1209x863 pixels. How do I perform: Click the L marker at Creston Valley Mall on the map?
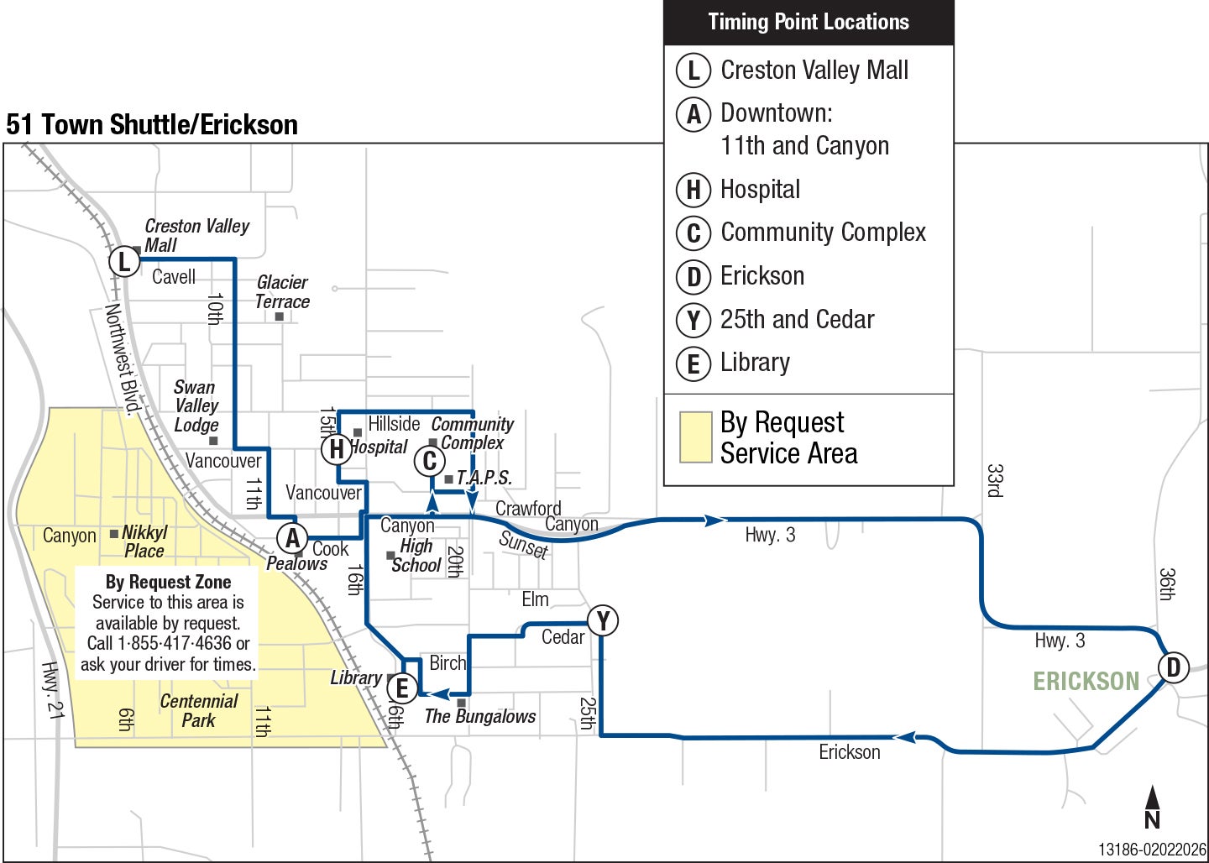point(124,261)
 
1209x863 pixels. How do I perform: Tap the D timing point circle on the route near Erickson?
point(1173,667)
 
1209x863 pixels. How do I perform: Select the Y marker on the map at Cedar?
point(603,621)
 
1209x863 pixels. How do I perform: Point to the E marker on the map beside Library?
point(402,688)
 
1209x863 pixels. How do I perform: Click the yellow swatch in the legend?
point(695,437)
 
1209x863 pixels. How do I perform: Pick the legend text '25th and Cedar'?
point(797,320)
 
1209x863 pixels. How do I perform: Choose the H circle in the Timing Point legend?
point(693,191)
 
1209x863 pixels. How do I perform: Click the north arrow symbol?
point(1153,807)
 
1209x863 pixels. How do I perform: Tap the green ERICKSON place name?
point(1086,681)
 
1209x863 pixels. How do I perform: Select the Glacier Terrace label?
point(282,292)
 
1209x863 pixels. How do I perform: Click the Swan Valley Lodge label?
point(196,406)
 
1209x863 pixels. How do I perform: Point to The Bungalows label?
point(479,716)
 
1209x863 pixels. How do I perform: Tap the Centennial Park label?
point(199,710)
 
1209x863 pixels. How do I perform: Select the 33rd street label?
point(995,480)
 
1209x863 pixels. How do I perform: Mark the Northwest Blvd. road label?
point(123,358)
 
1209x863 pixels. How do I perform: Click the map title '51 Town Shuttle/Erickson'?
point(152,125)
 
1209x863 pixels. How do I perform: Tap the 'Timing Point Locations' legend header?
point(808,23)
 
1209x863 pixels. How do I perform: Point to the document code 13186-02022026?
point(1152,850)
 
